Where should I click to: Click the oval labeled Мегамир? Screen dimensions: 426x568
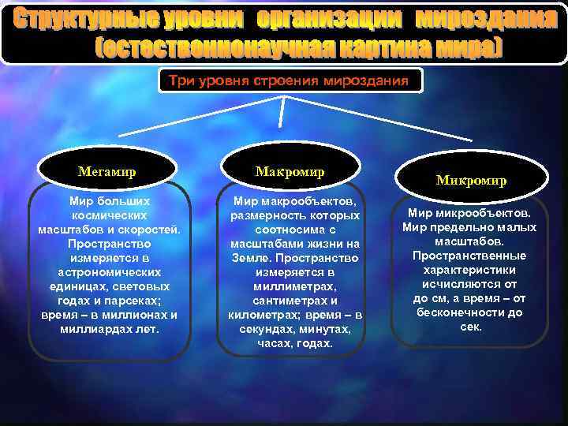click(x=107, y=170)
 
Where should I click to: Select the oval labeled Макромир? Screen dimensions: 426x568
click(x=290, y=171)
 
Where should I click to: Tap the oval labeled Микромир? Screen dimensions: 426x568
click(x=472, y=181)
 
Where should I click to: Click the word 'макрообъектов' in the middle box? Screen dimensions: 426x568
click(x=311, y=201)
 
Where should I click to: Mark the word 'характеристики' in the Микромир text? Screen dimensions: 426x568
click(x=470, y=270)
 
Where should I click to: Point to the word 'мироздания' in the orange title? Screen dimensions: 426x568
click(x=486, y=20)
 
